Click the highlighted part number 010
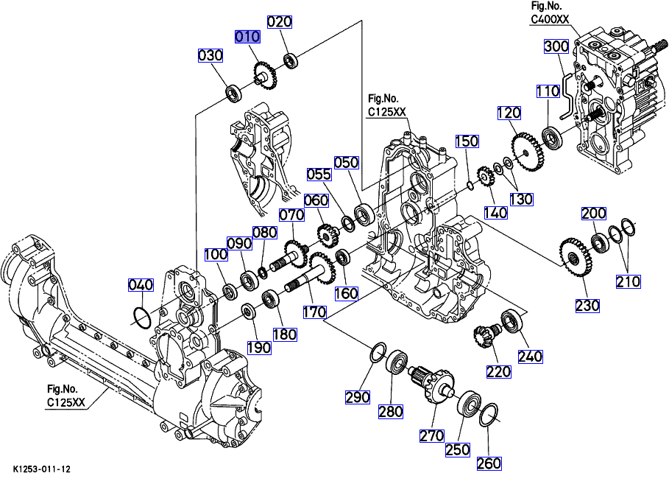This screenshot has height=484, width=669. click(247, 36)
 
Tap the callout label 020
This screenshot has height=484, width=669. click(279, 21)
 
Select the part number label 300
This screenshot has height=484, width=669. click(556, 46)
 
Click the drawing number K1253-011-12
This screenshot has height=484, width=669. click(41, 469)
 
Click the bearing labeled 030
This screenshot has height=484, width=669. click(235, 94)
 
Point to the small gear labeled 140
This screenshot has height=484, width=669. click(485, 177)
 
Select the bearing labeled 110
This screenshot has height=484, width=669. click(551, 137)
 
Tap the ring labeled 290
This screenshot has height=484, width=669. click(376, 352)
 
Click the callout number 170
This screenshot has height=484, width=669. click(314, 312)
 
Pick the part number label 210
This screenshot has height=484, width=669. click(628, 280)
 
